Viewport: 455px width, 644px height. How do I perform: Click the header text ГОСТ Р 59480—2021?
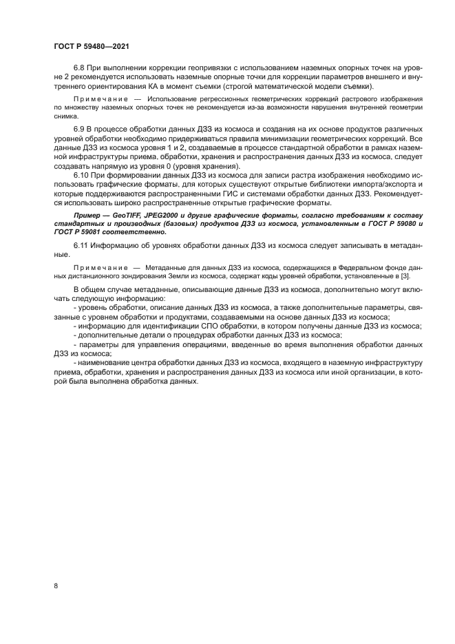pos(92,46)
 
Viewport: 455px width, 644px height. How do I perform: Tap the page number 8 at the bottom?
pos(56,585)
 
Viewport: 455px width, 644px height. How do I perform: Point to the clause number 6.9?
pos(80,129)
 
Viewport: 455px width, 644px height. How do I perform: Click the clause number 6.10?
pos(82,176)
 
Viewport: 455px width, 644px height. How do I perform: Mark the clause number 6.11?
pos(82,245)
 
